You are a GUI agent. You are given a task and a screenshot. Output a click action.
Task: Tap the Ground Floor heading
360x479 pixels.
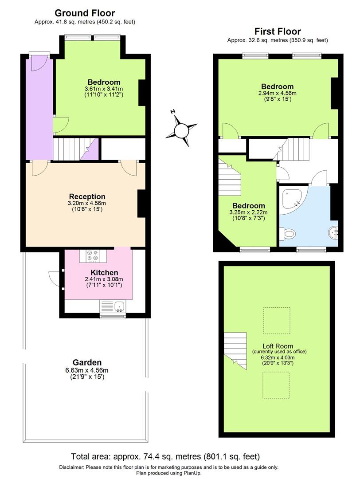coord(84,13)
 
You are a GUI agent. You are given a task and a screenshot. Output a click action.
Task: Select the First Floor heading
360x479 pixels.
coord(278,31)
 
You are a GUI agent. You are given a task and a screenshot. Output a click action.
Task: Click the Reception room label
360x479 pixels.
coord(87,196)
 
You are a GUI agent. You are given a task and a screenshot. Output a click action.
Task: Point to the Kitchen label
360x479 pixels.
coord(104,272)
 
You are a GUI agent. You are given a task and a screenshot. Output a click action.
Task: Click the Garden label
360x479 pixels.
coord(87,362)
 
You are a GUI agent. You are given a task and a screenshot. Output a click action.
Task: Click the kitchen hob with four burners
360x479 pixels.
coord(93,256)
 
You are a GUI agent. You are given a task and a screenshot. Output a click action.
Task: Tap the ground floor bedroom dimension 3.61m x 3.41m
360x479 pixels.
coord(104,89)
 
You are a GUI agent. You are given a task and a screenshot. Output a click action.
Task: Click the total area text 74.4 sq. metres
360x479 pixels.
coord(165,456)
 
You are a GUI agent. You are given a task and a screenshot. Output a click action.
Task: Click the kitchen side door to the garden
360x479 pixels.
coord(55,279)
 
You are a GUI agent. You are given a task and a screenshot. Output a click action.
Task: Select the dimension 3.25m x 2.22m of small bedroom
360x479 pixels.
coord(248,212)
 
